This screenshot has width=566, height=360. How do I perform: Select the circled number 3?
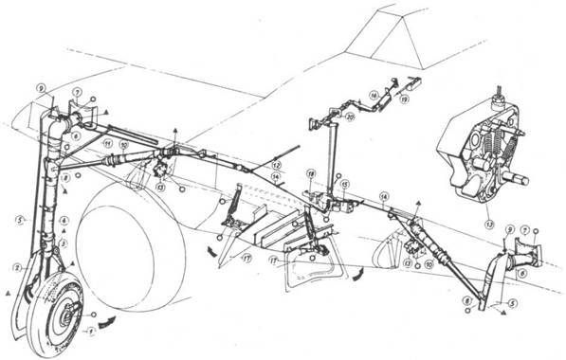point(64,243)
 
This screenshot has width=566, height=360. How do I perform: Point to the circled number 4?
point(64,221)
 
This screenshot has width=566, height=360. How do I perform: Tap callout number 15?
point(345,184)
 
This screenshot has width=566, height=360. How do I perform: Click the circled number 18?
point(310,174)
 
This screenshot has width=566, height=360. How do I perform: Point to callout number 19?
point(404,97)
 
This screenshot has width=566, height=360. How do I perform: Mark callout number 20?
point(350,117)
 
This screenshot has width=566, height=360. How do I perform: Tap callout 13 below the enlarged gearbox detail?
point(489,225)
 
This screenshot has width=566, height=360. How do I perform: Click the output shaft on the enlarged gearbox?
point(520,174)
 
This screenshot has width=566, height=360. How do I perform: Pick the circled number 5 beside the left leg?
point(18,221)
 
